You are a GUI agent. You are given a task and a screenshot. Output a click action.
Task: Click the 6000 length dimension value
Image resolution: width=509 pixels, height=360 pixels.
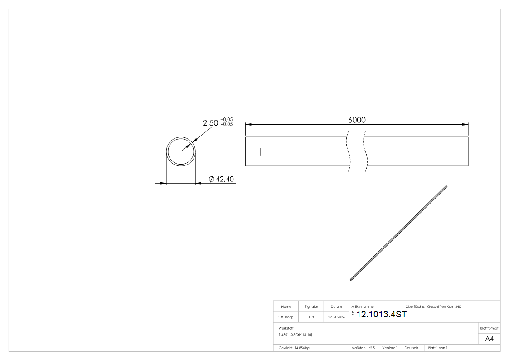[x=357, y=120]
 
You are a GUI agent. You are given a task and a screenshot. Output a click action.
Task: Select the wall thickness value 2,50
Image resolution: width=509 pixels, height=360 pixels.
[x=211, y=123]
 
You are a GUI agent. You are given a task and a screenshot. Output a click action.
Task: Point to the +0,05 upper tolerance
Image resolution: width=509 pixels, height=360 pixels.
[x=226, y=120]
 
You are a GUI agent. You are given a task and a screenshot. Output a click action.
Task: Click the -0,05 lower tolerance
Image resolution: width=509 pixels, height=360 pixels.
[x=226, y=124]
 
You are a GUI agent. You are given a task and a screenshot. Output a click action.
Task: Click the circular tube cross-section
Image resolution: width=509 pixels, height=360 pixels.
[x=181, y=151]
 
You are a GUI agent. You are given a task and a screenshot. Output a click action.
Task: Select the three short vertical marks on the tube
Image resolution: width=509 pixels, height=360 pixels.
[x=260, y=151]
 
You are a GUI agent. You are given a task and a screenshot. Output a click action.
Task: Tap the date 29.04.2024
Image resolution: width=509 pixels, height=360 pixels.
[x=336, y=317]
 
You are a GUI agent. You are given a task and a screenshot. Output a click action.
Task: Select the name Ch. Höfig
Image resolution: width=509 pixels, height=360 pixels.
[x=286, y=317]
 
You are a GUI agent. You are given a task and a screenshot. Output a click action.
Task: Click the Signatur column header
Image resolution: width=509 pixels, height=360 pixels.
[x=311, y=307]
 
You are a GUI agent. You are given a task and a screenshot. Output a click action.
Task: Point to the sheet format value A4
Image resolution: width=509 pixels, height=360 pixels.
[x=489, y=339]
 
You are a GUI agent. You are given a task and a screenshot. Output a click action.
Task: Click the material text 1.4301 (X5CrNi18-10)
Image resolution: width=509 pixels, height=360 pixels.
[x=296, y=335]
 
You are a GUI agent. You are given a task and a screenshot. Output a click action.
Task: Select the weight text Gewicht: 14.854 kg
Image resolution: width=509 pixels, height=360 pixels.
[x=294, y=348]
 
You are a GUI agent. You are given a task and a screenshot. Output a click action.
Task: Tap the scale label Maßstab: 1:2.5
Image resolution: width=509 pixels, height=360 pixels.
[x=363, y=348]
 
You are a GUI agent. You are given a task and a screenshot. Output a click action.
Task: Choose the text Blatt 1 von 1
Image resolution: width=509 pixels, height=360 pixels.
[x=438, y=348]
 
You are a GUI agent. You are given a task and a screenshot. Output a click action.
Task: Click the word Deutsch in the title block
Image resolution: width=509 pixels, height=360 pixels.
[x=411, y=348]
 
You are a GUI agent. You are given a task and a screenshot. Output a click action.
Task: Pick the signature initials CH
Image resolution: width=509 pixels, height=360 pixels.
[x=311, y=317]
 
